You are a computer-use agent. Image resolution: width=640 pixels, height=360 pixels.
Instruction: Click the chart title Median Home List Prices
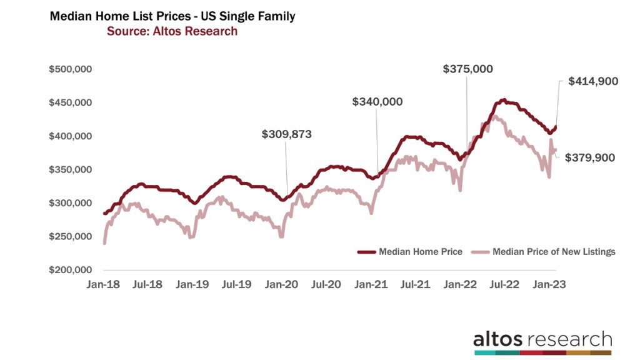click(172, 17)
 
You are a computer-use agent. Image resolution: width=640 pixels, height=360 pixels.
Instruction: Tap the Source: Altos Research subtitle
click(172, 31)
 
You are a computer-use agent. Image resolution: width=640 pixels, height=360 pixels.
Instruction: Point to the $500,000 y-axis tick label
click(71, 69)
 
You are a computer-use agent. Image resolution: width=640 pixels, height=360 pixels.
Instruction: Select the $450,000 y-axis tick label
click(71, 102)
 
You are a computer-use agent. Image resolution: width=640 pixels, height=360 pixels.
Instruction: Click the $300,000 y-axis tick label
click(71, 203)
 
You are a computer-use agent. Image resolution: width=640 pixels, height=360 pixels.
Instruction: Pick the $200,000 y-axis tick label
click(71, 270)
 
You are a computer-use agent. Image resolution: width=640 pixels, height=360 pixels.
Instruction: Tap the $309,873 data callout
click(286, 134)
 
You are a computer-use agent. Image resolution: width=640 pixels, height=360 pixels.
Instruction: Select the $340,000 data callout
click(377, 101)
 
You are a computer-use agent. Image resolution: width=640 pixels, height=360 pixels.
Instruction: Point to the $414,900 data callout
click(593, 81)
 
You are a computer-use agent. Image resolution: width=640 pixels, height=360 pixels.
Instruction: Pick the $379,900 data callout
click(590, 158)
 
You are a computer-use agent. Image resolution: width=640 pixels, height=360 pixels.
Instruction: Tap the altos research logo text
click(542, 339)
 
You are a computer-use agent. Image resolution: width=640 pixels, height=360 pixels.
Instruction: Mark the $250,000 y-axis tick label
click(71, 237)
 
